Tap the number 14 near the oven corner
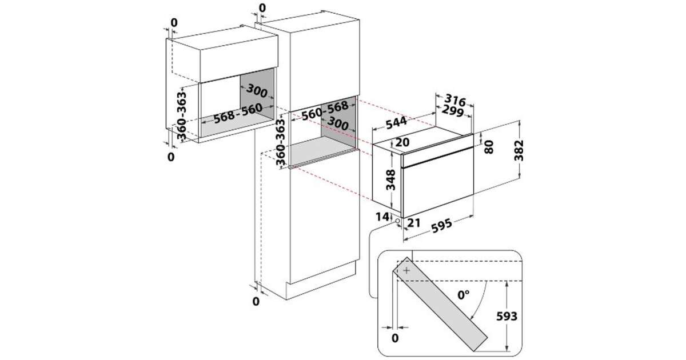[x=382, y=217]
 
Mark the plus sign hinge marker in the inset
[x=406, y=270]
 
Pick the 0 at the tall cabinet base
[x=256, y=301]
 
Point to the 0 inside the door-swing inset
[x=395, y=338]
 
